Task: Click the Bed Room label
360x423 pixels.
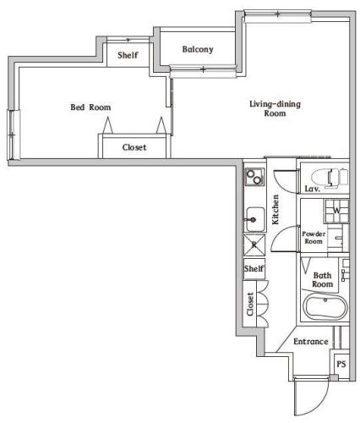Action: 90,107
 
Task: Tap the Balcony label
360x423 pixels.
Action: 198,49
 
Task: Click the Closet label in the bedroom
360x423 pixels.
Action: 134,147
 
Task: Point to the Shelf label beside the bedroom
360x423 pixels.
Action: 128,56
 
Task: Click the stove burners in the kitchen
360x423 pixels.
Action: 254,178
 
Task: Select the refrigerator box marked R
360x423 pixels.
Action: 254,245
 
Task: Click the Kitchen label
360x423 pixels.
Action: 276,209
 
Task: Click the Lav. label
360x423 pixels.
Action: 311,190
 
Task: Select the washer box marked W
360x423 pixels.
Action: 335,210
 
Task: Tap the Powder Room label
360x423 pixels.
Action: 314,237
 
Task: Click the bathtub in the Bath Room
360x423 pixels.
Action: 322,307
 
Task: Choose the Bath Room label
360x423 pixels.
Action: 323,280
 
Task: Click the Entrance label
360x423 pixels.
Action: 310,342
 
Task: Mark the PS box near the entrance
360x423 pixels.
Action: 341,364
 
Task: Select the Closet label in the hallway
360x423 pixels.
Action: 251,304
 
